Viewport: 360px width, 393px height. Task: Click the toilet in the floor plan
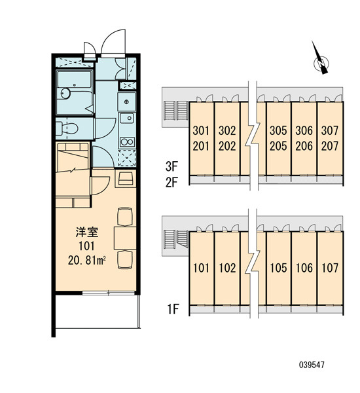pos(67,128)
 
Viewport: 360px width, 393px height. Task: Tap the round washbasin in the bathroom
pos(65,94)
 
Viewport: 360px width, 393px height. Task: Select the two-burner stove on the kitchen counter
pos(127,142)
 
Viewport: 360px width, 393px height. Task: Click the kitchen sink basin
pos(127,118)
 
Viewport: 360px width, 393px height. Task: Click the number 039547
pos(312,365)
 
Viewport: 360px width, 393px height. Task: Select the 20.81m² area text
pos(86,261)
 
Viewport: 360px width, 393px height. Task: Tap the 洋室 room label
pos(86,232)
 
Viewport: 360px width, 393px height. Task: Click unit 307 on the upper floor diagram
pos(330,130)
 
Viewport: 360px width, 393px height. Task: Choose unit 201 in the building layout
pos(201,146)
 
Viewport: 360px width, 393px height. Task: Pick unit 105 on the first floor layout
pos(278,268)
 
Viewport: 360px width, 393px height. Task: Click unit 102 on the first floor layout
pos(227,268)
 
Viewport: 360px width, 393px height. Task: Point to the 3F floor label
pos(171,166)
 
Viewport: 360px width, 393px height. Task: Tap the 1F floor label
pos(173,309)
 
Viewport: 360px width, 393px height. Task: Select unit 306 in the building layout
pos(304,130)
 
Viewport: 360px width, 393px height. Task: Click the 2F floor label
pos(171,182)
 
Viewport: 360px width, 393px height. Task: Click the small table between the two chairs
pos(125,238)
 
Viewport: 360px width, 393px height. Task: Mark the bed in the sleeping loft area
pos(73,157)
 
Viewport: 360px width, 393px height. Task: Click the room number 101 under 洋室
pos(86,246)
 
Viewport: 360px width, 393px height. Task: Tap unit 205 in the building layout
pos(278,146)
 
